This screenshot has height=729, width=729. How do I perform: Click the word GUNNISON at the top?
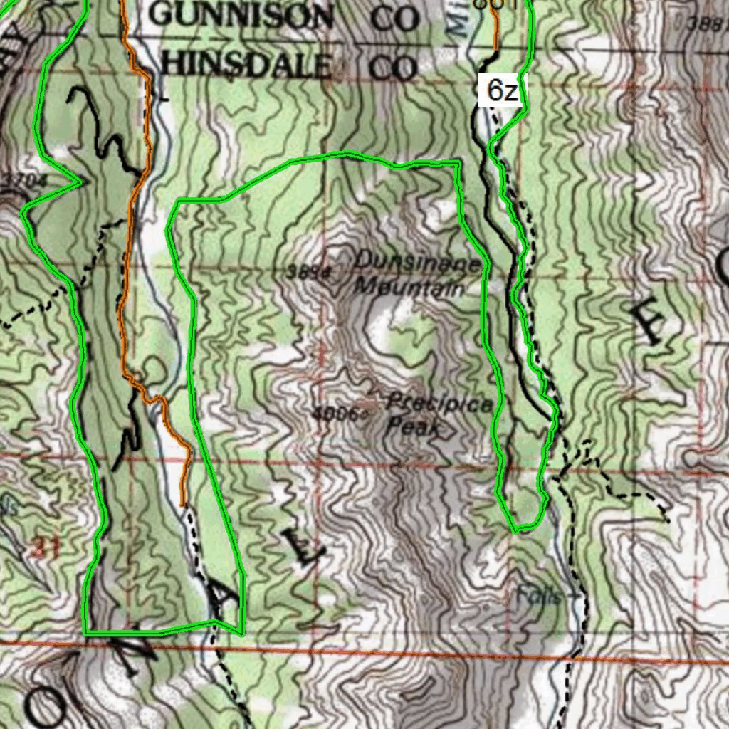click(242, 16)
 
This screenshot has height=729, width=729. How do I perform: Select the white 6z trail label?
click(502, 91)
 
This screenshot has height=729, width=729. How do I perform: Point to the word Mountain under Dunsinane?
click(409, 288)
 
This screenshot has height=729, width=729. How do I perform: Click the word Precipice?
click(438, 404)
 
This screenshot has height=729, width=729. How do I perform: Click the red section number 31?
click(47, 547)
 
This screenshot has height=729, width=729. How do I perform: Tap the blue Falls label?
click(539, 595)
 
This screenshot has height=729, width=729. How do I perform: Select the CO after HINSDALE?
click(393, 68)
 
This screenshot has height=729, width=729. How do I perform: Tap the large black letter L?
click(302, 545)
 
